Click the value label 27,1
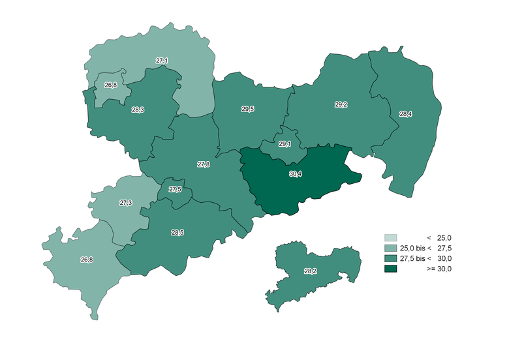tap(162, 61)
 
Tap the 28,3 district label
tap(138, 110)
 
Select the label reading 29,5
tap(248, 110)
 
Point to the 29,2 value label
tap(341, 104)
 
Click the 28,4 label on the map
tap(405, 114)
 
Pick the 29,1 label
tap(285, 144)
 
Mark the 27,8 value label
tap(204, 165)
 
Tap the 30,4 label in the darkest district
tap(295, 174)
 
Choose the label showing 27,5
tap(175, 190)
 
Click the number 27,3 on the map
tap(126, 203)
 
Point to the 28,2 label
tap(311, 271)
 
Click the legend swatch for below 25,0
tap(391, 238)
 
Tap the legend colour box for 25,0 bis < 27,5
tap(391, 248)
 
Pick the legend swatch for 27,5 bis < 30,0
tap(391, 259)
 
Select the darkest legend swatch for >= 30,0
tap(391, 269)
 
